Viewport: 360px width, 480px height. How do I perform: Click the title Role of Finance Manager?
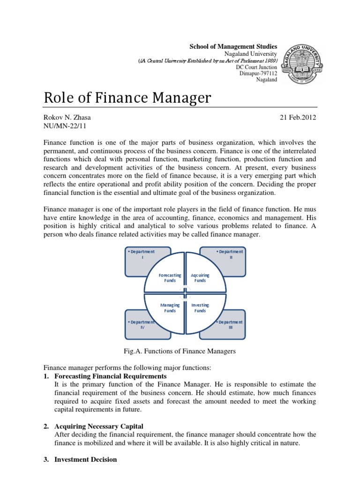pyautogui.click(x=127, y=98)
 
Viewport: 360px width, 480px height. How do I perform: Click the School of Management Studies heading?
pyautogui.click(x=233, y=47)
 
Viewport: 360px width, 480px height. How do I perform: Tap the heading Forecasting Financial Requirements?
pyautogui.click(x=110, y=376)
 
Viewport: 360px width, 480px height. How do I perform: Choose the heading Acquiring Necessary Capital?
pyautogui.click(x=99, y=426)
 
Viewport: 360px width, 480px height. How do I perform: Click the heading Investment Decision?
pyautogui.click(x=85, y=459)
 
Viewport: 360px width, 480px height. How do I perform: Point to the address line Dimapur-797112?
pyautogui.click(x=258, y=73)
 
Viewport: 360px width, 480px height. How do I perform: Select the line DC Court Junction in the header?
pyautogui.click(x=256, y=67)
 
